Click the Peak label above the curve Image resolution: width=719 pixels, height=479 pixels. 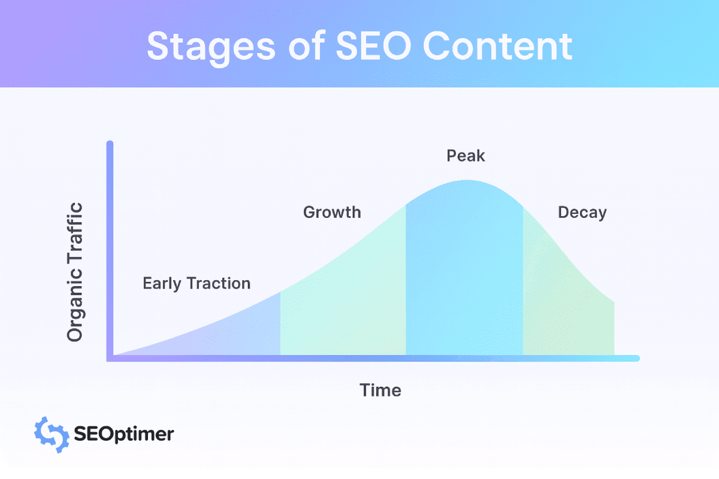[466, 157]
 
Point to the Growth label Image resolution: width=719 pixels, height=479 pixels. [332, 213]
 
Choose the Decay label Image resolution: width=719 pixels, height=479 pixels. [582, 213]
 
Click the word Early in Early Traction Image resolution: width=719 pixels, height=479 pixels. [162, 283]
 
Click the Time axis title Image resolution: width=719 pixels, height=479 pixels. [380, 390]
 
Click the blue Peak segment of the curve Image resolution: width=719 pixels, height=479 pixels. [464, 275]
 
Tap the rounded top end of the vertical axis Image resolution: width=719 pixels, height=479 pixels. [110, 144]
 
